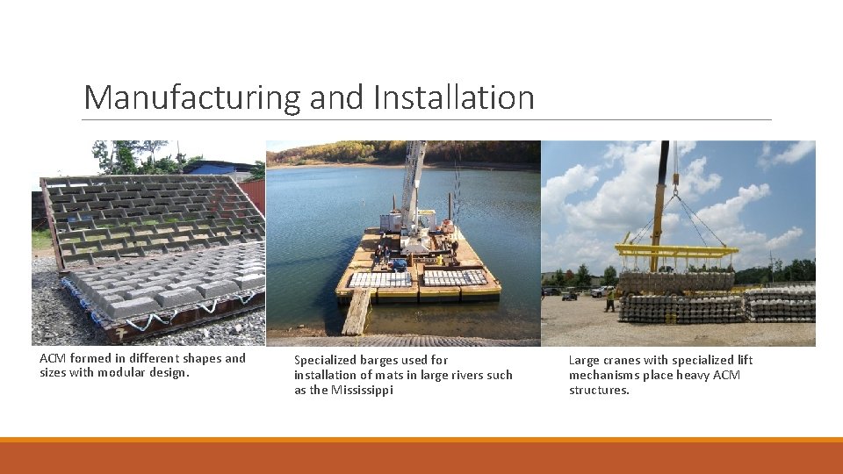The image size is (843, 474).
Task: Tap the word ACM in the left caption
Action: click(53, 358)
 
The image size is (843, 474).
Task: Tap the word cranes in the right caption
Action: click(624, 360)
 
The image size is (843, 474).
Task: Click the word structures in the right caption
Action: click(599, 390)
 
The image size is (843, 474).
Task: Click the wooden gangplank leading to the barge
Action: click(357, 312)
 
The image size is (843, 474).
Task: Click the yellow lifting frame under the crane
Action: click(676, 252)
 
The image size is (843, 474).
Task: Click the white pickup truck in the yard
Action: click(602, 291)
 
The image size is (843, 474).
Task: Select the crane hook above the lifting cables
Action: click(675, 184)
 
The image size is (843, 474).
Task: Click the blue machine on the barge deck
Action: click(400, 263)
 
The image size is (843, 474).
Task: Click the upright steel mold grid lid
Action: click(149, 215)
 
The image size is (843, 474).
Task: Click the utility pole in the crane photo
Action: click(774, 269)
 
